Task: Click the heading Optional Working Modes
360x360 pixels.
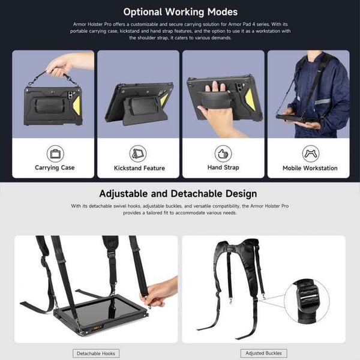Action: click(x=180, y=11)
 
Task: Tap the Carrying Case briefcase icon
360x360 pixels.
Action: click(x=55, y=152)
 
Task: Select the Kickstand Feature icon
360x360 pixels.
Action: click(x=139, y=152)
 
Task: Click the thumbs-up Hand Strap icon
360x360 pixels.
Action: click(x=223, y=152)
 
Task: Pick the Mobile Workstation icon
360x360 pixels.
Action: click(x=310, y=152)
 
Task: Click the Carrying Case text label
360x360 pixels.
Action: click(x=55, y=168)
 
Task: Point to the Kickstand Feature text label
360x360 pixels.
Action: click(x=139, y=169)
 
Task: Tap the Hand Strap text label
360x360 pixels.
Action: click(x=223, y=168)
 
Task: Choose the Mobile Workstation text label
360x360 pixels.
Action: click(x=310, y=169)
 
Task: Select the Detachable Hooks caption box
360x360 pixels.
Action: click(x=96, y=353)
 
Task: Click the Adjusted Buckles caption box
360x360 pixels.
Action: click(x=263, y=353)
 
